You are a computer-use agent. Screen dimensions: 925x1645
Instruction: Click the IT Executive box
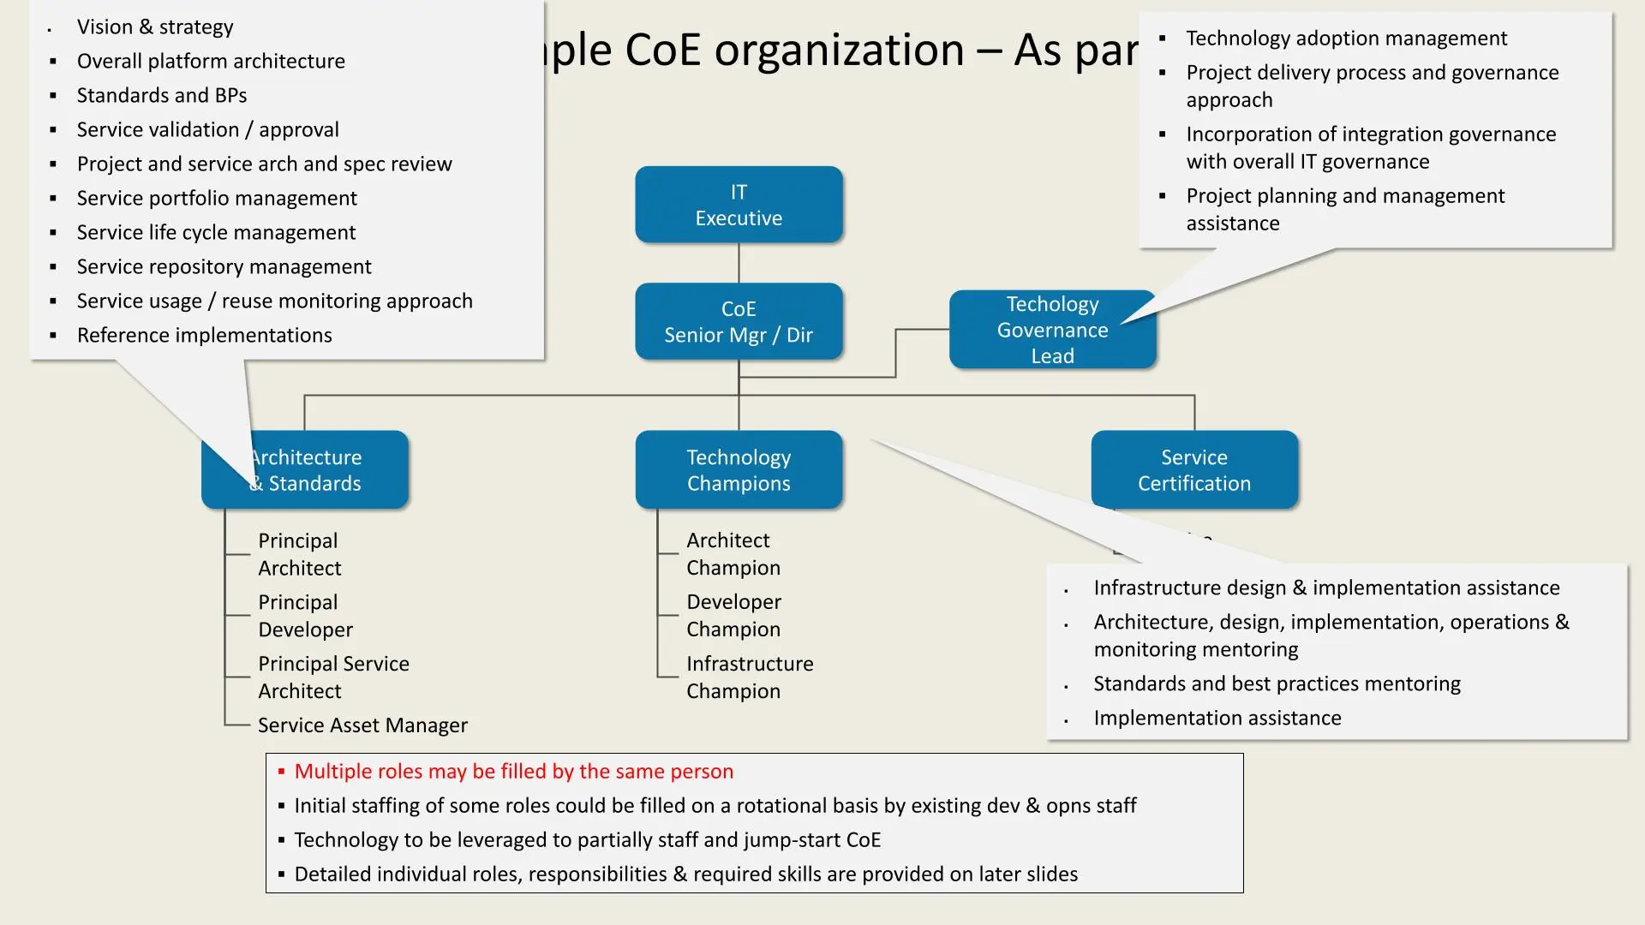click(739, 205)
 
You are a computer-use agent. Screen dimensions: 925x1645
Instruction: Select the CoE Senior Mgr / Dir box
click(739, 322)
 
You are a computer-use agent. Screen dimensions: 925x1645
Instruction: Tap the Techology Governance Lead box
click(1052, 331)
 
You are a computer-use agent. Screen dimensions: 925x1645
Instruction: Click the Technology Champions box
click(739, 470)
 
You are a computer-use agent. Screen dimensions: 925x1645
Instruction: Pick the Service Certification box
click(1194, 470)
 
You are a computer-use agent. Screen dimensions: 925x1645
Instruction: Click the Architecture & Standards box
click(326, 470)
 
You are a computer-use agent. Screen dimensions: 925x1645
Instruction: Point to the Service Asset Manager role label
click(362, 725)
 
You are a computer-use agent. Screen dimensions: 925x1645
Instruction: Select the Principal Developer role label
click(305, 616)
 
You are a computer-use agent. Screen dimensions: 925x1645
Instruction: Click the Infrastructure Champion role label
click(749, 677)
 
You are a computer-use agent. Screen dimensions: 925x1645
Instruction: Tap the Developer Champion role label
click(733, 616)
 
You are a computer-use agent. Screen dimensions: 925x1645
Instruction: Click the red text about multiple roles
click(513, 772)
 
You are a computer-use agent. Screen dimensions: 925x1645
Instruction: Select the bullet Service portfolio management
click(217, 199)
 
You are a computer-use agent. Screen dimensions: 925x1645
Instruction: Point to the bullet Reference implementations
click(204, 336)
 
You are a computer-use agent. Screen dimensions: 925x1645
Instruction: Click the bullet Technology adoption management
click(1346, 39)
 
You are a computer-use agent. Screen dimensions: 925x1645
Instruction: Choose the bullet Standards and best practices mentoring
click(1277, 684)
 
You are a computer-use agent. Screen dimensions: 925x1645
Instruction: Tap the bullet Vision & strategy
click(155, 27)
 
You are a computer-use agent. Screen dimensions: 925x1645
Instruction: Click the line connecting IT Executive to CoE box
click(739, 263)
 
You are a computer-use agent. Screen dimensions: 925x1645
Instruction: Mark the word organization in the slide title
click(839, 50)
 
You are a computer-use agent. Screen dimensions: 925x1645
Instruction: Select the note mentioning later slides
click(685, 874)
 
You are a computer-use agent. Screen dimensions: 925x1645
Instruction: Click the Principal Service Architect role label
click(332, 677)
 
